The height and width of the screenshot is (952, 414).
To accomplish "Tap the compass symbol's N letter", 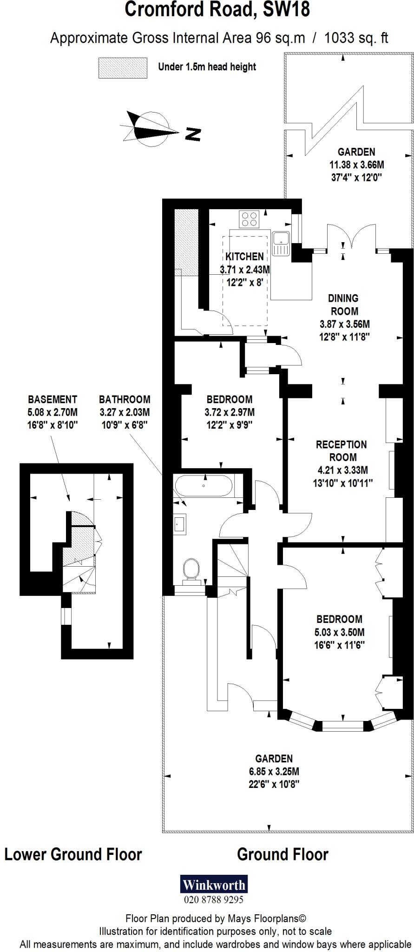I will tap(193, 134).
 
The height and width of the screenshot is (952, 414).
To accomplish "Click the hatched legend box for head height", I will tap(123, 68).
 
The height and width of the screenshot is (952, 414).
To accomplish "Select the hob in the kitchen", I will tap(249, 219).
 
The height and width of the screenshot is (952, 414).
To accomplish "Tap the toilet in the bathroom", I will tap(191, 570).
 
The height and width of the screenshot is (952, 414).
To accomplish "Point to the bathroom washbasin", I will tap(180, 523).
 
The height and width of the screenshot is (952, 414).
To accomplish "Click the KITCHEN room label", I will tap(244, 257).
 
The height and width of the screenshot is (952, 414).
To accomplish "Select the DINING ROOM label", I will tap(344, 305).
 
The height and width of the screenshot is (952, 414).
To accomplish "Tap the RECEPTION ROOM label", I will tap(342, 451).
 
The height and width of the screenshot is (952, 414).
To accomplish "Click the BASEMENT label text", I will tap(53, 399).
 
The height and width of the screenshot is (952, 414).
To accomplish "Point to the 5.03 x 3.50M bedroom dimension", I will tap(339, 632).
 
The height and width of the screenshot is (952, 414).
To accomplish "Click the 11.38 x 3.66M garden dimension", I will tap(356, 165).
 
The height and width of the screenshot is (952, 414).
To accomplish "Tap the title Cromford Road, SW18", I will tap(217, 9).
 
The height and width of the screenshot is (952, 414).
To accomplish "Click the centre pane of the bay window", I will tap(343, 725).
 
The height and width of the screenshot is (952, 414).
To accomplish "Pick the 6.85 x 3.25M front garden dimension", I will tap(274, 772).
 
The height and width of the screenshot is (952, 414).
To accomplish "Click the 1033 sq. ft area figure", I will tap(355, 38).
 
